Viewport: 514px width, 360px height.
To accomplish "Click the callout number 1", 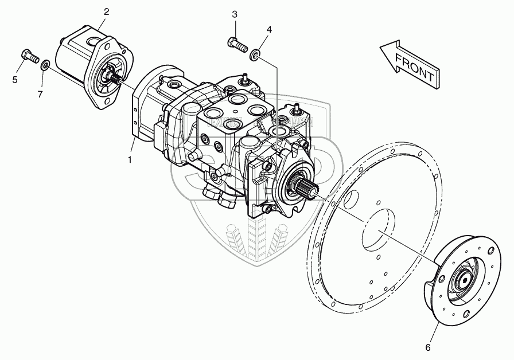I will coord(130,160).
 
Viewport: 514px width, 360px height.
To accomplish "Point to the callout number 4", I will coord(269,29).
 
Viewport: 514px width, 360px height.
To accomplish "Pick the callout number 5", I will coord(14,79).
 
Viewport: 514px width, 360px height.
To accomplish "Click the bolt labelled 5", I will coord(27,56).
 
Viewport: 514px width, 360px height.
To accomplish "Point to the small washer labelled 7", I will coord(44,63).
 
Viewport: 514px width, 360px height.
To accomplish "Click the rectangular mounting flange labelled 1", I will coord(137,115).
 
